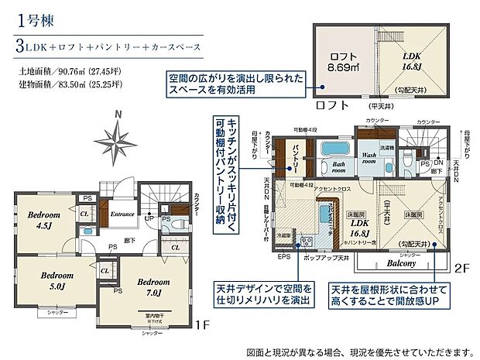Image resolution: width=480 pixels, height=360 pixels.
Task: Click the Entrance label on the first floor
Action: pos(122,214)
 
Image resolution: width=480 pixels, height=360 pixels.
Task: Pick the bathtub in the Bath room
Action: pos(336,148)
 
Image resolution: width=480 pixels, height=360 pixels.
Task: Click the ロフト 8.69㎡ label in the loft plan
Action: pos(344,61)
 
